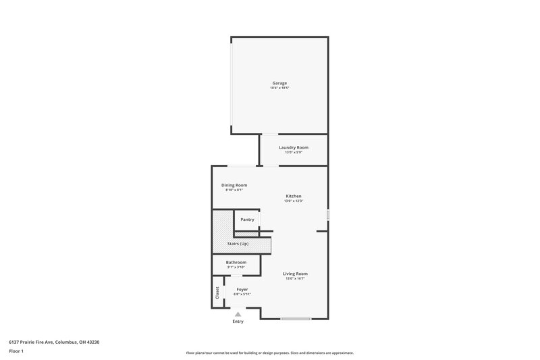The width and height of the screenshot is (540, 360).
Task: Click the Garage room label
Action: pos(279,83)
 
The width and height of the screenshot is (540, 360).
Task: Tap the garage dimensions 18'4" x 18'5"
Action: pos(279,88)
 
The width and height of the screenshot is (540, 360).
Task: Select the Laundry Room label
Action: pos(294,147)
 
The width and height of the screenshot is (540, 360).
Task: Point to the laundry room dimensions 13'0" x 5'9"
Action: pos(294,153)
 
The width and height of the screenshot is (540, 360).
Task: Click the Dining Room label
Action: pos(234,185)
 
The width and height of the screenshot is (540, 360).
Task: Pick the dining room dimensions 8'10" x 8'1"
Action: pos(234,190)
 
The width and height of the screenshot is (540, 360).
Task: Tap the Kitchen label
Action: pos(294,196)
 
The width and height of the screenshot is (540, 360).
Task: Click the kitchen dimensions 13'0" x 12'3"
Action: pos(294,201)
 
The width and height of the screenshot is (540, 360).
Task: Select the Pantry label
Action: pos(247,220)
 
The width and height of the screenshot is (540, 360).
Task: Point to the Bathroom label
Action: pos(236,262)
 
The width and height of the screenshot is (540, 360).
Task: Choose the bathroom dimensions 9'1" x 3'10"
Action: pos(236,267)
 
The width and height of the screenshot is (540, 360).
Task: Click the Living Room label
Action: pos(295,274)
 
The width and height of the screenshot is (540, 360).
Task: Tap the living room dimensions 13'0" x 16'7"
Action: pos(295,279)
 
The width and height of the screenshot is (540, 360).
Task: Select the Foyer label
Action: pos(242,289)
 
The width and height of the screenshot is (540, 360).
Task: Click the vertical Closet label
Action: pos(217,292)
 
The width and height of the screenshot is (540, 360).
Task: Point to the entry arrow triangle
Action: pos(238,314)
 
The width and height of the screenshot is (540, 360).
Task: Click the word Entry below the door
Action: pos(238,322)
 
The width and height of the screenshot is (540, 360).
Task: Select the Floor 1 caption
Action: pos(16,352)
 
